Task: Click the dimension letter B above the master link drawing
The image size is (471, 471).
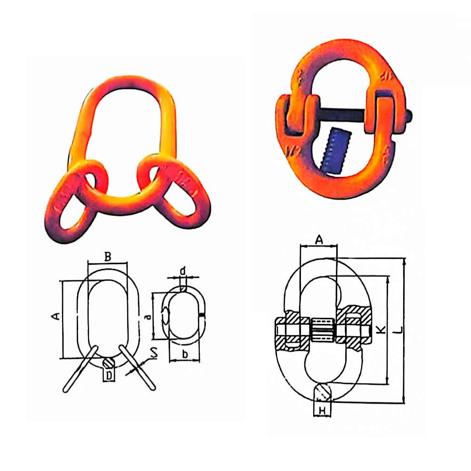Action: click(x=108, y=257)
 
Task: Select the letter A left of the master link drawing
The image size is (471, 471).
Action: click(x=56, y=316)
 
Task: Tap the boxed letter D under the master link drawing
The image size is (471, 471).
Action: click(x=109, y=375)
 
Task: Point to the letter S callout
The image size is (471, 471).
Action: click(x=154, y=353)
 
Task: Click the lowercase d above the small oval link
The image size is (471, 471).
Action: click(x=183, y=271)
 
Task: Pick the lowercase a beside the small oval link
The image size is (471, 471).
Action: click(x=147, y=317)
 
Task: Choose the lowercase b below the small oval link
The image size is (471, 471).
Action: click(x=185, y=354)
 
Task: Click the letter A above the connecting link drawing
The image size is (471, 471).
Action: click(x=319, y=240)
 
